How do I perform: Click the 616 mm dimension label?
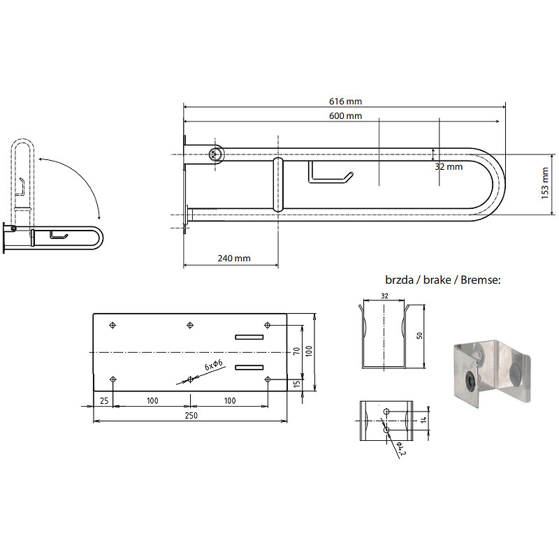345,101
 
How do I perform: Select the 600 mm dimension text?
345,116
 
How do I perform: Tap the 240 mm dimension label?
234,258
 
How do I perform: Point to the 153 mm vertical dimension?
545,183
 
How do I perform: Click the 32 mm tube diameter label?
449,166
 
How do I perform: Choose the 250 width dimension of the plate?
191,415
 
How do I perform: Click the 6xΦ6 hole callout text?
214,365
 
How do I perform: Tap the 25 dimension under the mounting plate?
104,400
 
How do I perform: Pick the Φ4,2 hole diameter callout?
400,449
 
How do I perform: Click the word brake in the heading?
437,280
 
